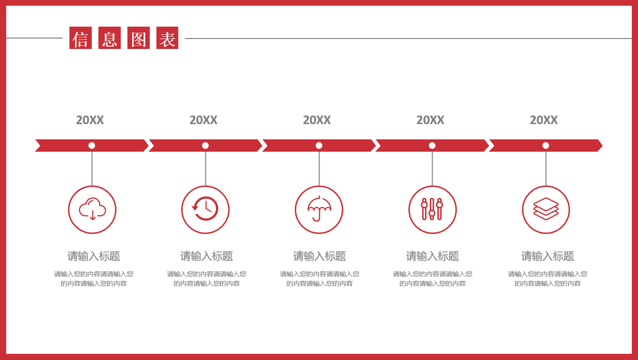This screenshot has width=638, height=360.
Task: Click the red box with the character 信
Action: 81,38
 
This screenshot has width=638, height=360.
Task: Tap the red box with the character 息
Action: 110,38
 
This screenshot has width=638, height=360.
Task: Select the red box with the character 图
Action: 138,38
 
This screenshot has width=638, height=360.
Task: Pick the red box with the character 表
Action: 167,38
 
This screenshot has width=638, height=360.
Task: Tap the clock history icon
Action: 205,208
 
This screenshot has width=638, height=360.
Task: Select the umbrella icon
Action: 319,208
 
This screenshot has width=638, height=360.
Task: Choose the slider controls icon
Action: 432,209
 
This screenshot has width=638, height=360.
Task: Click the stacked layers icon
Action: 546,209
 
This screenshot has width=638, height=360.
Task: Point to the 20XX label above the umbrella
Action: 317,120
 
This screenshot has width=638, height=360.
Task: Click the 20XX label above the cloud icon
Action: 90,120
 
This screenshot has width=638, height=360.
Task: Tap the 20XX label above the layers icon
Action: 544,120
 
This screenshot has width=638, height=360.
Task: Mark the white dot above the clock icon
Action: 205,146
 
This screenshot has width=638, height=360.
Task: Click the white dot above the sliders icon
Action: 432,146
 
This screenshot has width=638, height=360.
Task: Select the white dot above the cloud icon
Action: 92,146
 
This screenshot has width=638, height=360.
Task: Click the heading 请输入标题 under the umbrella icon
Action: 319,256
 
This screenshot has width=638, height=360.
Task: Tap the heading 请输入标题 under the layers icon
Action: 547,256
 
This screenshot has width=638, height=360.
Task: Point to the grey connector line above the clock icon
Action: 206,169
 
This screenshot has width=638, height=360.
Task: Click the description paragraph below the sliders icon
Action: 432,279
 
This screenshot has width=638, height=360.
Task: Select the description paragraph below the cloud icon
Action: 94,279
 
